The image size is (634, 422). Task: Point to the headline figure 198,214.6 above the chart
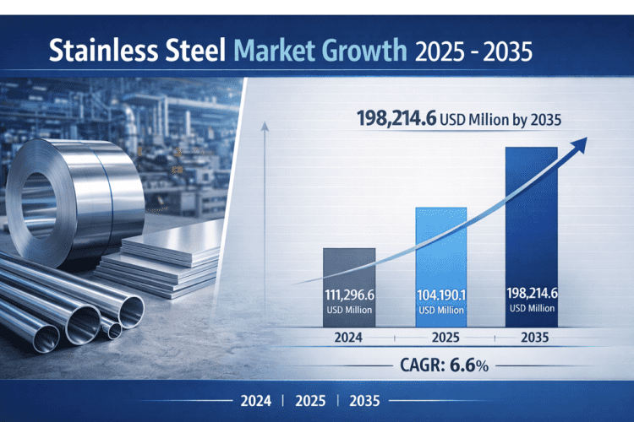point(391,119)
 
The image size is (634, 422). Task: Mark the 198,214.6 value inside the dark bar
point(532,294)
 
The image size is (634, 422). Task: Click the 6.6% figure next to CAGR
point(474,368)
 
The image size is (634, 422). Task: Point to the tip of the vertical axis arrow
point(266,127)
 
